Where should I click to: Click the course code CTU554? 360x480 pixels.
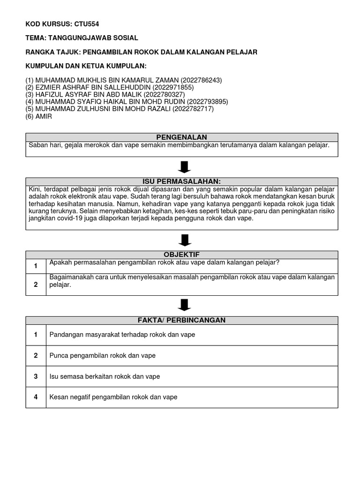88,23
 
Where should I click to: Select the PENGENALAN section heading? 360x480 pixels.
181,137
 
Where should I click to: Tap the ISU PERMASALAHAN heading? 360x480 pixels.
181,181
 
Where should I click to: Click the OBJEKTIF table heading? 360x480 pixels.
181,254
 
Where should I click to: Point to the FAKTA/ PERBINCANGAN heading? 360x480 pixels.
181,320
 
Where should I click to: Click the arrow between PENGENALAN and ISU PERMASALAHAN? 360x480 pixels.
185,167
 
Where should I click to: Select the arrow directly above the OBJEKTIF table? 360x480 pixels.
185,240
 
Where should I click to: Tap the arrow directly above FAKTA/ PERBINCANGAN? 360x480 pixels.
185,306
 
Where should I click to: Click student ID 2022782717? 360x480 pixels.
193,109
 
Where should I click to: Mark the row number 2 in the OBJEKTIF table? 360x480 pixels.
36,285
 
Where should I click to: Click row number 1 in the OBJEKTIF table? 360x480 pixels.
36,266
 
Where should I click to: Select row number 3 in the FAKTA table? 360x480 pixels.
36,376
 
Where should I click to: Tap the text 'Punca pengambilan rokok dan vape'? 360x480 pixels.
102,356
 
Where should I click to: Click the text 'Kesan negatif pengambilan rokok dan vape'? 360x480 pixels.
113,397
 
